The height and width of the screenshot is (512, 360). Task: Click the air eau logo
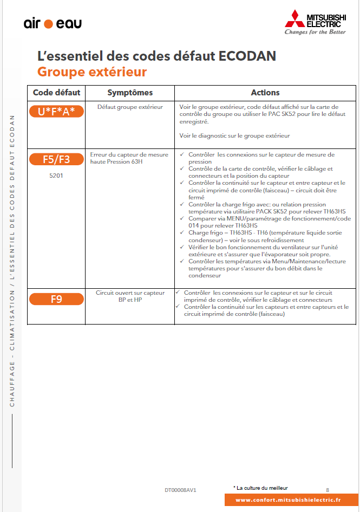click(53, 23)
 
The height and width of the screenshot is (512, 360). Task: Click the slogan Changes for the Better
click(315, 32)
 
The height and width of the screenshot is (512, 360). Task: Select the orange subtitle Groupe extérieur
click(92, 72)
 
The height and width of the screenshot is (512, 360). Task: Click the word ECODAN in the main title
click(248, 56)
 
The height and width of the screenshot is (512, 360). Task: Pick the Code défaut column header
click(56, 93)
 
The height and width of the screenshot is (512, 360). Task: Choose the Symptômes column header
click(130, 93)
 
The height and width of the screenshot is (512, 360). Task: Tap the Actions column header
click(265, 93)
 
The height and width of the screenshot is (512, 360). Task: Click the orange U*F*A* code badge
click(56, 111)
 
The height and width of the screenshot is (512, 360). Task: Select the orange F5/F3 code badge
click(56, 159)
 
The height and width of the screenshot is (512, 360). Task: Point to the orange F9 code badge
click(56, 299)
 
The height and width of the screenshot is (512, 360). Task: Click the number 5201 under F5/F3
click(56, 176)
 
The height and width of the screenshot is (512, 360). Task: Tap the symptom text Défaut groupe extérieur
click(130, 107)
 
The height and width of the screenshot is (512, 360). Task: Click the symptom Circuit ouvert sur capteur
click(130, 293)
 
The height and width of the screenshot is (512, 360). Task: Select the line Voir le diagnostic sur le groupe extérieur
click(234, 135)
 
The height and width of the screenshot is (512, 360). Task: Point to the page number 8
click(328, 489)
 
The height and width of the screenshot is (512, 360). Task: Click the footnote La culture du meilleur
click(262, 488)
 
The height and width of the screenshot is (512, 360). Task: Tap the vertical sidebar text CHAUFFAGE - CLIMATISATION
click(12, 352)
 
